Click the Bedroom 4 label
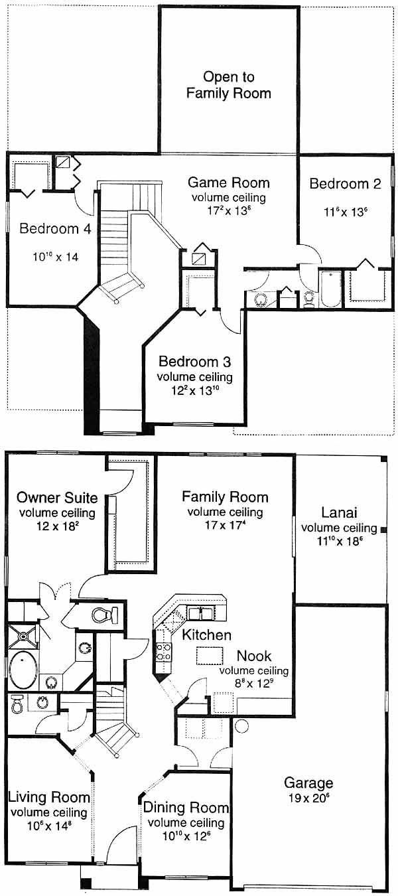pos(55,229)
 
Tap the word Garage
pos(308,783)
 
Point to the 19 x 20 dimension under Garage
pos(309,798)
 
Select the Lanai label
pos(339,512)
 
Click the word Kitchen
pos(206,635)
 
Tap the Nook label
pos(254,656)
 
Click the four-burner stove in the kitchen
pos(163,651)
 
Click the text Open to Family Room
pos(229,85)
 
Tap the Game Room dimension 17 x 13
pos(229,210)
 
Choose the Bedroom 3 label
pos(194,362)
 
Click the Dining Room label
pos(186,807)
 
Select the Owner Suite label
pos(57,498)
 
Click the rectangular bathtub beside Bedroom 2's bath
pos(330,289)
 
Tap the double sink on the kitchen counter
pos(201,613)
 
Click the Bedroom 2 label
pos(345,184)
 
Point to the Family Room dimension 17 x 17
pos(225,525)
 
